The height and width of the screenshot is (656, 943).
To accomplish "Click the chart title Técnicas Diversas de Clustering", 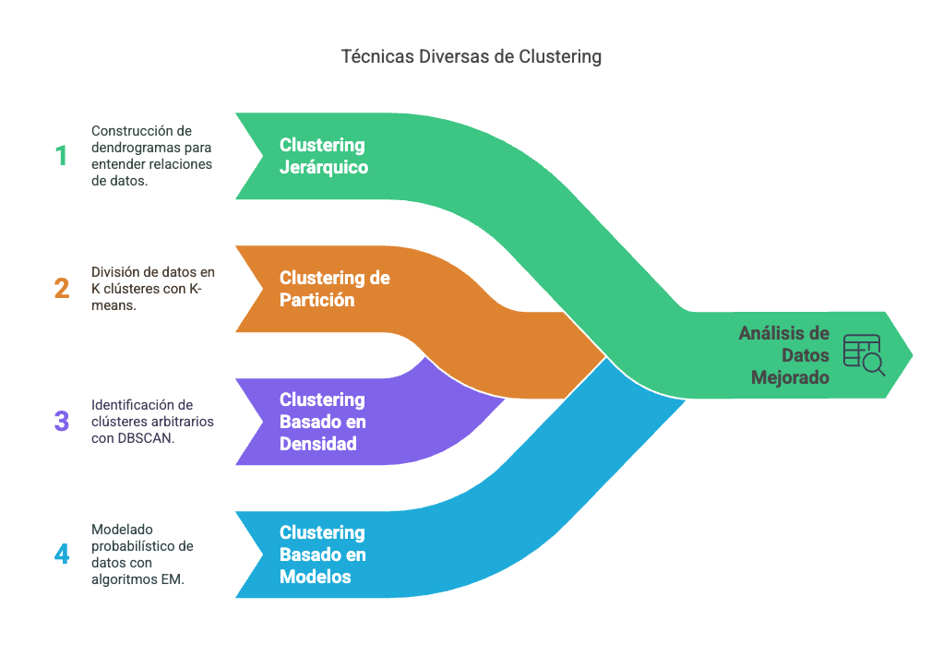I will [x=471, y=56].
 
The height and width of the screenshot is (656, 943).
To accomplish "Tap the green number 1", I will [x=61, y=156].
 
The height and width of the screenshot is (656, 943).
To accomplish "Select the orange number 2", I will [x=61, y=289].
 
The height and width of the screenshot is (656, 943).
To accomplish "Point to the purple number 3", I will [x=61, y=422].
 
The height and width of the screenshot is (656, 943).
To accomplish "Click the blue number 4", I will [x=61, y=555].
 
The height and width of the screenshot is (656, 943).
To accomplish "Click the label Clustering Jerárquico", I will [x=323, y=156].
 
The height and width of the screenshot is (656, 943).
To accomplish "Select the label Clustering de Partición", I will [x=334, y=289].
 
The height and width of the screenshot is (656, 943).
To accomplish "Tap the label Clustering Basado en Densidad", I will [x=323, y=422].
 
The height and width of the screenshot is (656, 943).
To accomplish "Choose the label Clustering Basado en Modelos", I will [x=323, y=555].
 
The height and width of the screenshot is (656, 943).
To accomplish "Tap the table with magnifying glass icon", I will [x=864, y=355].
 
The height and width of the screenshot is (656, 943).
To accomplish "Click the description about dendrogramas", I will [x=152, y=156].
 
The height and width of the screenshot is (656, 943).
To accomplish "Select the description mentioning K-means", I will [x=152, y=289].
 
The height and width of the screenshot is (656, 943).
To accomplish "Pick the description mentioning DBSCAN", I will [x=152, y=422].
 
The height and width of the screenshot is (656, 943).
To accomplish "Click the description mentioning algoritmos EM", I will [x=143, y=555].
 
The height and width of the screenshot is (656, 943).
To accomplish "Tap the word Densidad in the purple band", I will [x=318, y=444].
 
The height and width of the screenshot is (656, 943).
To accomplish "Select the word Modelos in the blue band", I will [x=316, y=577].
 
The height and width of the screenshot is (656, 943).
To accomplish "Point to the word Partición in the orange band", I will [x=317, y=300].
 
